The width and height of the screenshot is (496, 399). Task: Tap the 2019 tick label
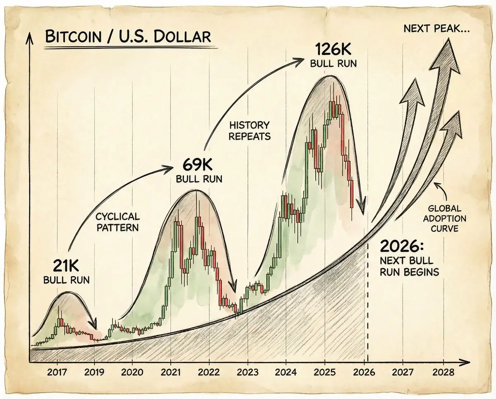(94, 371)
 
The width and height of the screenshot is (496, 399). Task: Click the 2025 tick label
(325, 371)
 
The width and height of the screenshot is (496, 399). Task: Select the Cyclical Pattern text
(117, 222)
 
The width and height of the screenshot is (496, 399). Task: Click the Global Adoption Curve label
(447, 219)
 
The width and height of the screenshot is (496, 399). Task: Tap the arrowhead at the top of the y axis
(29, 38)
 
